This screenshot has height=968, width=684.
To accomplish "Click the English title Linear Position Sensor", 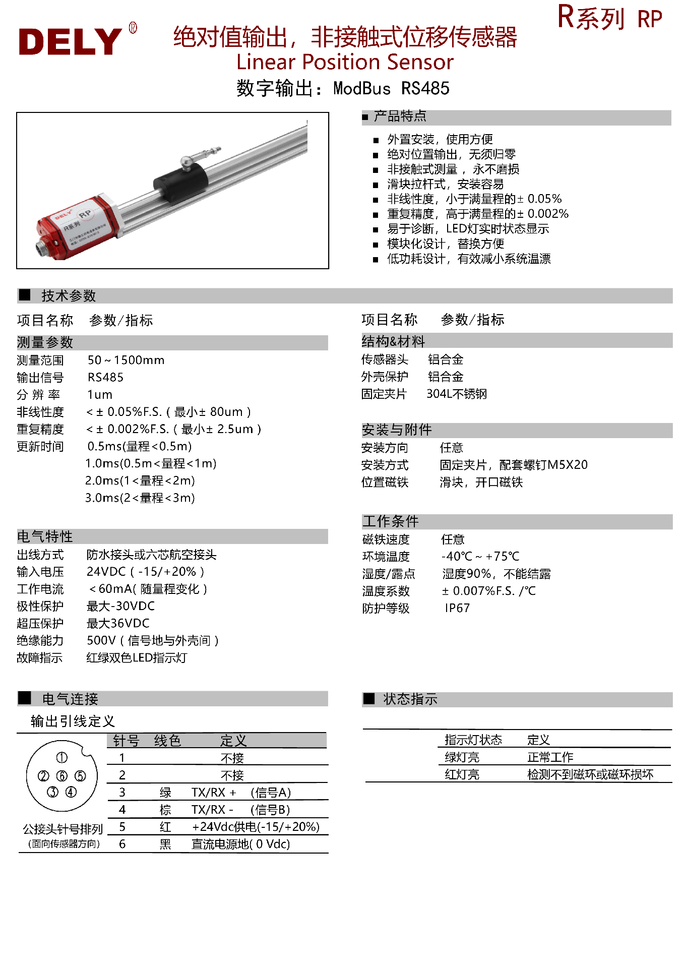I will pyautogui.click(x=345, y=62).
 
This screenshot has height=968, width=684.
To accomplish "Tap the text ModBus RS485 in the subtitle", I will pyautogui.click(x=391, y=89).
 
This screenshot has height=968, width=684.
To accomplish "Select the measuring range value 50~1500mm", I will pyautogui.click(x=126, y=360).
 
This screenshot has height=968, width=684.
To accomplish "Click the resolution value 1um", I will pyautogui.click(x=100, y=394).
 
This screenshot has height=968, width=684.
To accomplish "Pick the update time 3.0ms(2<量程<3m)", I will pyautogui.click(x=140, y=498).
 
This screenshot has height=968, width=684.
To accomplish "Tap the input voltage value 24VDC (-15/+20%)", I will pyautogui.click(x=145, y=572).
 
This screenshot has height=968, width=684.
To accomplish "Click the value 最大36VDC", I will pyautogui.click(x=118, y=623).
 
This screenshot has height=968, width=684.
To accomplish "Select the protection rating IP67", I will pyautogui.click(x=457, y=608).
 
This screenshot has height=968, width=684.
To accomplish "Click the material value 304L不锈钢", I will pyautogui.click(x=457, y=394).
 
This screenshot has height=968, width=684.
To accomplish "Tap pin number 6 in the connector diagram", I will pyautogui.click(x=62, y=776).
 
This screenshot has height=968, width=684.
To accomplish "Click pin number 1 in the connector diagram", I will pyautogui.click(x=62, y=758).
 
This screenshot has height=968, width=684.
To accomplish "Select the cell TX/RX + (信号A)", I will pyautogui.click(x=241, y=793).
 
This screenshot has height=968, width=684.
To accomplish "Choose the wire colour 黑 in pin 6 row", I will pyautogui.click(x=165, y=844).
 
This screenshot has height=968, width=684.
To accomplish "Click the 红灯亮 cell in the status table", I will pyautogui.click(x=462, y=774).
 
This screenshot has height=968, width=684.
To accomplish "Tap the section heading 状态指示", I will pyautogui.click(x=410, y=699).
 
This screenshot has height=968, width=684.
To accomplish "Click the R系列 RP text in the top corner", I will pyautogui.click(x=609, y=18).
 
